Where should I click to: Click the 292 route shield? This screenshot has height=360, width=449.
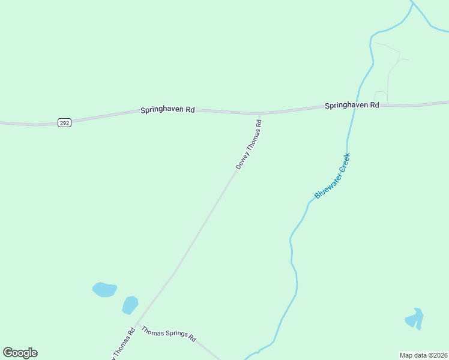click(x=65, y=122)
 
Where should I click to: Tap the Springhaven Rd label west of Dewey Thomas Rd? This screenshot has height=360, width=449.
click(x=167, y=110)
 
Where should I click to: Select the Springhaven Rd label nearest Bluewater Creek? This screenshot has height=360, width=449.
click(x=352, y=105)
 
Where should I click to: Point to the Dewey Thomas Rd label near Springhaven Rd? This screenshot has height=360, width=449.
click(x=249, y=145)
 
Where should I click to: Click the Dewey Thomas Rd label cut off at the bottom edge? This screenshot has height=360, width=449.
click(x=119, y=344)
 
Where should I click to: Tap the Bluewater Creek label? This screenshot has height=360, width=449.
click(x=332, y=176)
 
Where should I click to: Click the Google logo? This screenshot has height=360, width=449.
click(x=20, y=353)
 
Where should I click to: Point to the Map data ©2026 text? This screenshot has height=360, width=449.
click(x=423, y=355)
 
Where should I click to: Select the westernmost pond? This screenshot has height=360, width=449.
click(x=104, y=290)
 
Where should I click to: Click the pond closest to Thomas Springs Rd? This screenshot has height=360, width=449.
click(x=130, y=305)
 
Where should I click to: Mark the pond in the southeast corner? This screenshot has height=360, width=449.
click(x=415, y=319)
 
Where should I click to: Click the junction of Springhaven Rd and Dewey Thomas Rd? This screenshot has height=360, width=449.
click(x=259, y=113)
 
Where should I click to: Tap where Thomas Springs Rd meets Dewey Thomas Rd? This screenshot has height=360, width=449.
click(x=137, y=324)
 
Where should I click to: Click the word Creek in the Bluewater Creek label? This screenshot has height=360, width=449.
click(x=342, y=163)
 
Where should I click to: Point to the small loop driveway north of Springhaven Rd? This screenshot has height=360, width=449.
click(x=381, y=96)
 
